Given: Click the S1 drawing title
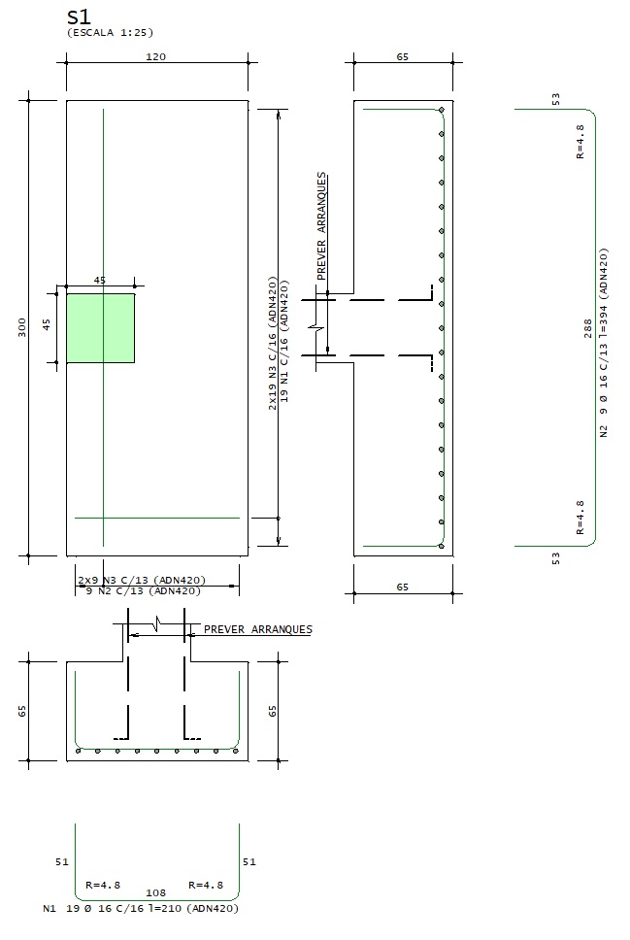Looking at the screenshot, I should point(79,17).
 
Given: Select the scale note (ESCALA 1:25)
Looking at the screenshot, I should point(103,32).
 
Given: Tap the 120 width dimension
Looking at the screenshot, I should point(155,56).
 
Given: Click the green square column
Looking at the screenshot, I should point(100,328).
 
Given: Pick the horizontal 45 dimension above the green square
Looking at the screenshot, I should point(99,280).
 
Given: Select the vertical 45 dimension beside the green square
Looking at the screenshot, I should point(46,324).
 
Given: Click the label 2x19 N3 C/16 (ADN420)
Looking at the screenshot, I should point(273,345).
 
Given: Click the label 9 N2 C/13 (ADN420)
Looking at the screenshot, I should point(144,590).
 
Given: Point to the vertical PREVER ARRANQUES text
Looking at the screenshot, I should point(321,227).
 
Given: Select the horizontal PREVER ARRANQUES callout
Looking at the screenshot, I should point(257,629).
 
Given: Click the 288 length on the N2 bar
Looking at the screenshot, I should point(587,328).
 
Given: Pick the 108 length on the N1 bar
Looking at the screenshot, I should point(155,891).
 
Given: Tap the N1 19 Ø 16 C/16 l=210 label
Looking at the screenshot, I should point(141,909).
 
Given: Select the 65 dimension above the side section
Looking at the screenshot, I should point(403,56).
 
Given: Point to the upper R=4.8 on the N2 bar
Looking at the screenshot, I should point(580,141).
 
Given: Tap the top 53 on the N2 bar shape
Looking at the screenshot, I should point(555,99).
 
